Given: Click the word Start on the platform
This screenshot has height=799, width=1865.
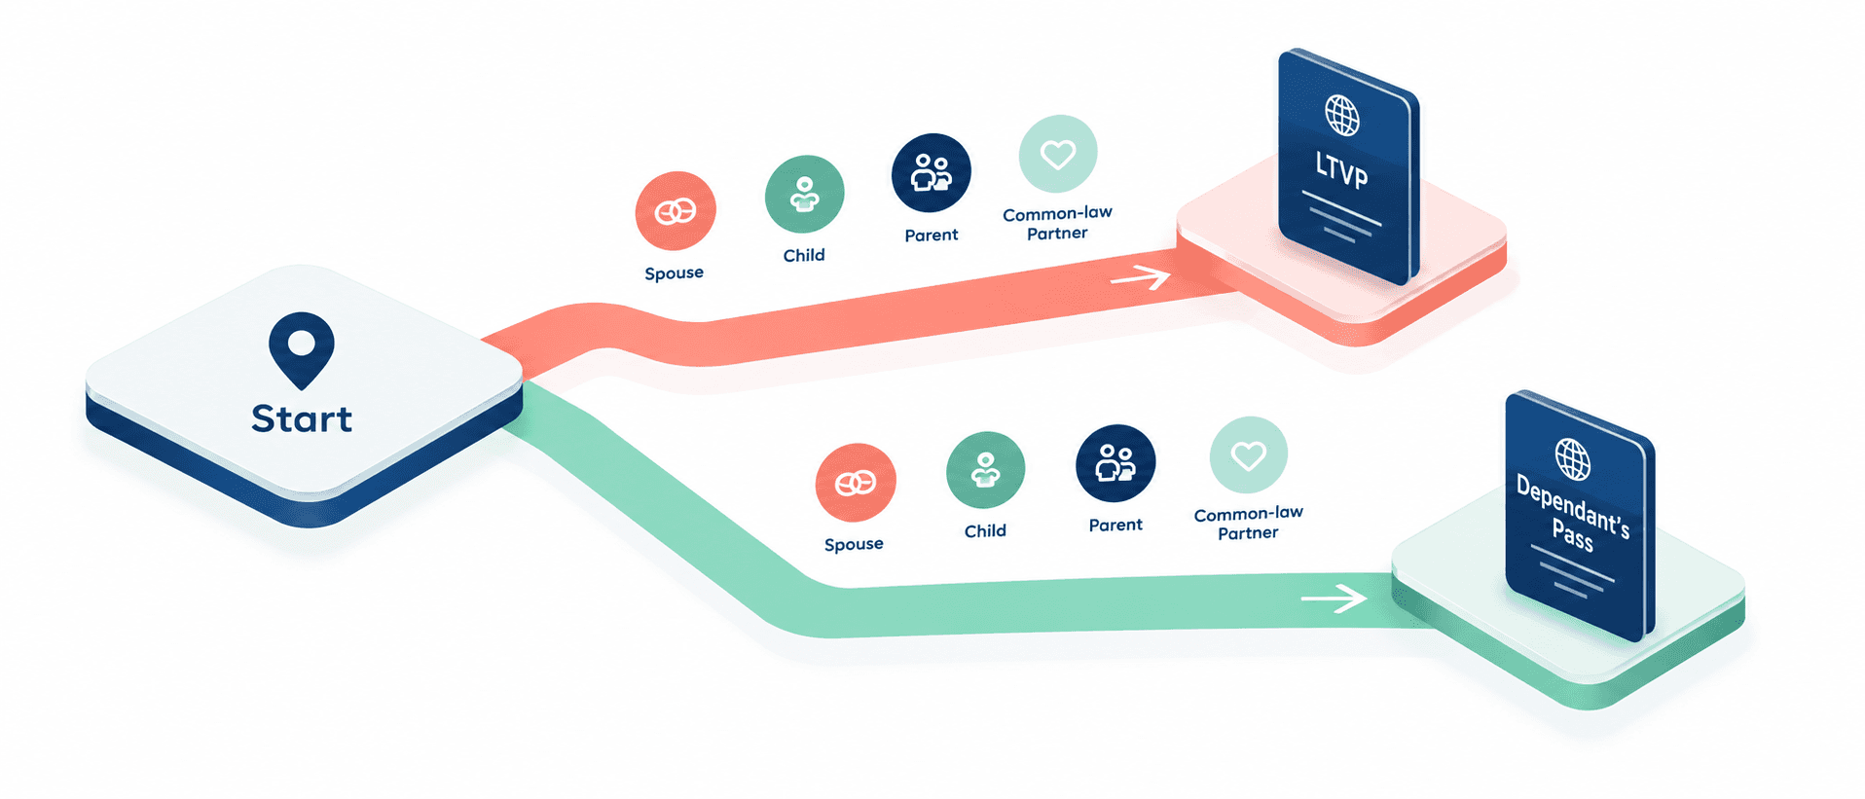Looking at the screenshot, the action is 302,418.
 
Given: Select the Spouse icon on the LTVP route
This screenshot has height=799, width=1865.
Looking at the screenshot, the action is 676,211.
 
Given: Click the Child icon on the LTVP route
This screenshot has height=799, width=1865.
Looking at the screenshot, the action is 804,195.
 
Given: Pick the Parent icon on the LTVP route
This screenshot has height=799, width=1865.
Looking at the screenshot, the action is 932,173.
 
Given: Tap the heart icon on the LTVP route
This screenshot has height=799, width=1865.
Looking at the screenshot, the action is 1058,154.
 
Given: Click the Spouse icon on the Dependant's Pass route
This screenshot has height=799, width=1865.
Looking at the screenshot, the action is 856,483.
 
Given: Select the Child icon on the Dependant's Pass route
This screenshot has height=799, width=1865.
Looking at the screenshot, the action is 985,471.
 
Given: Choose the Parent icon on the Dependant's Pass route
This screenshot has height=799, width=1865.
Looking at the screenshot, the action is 1115,463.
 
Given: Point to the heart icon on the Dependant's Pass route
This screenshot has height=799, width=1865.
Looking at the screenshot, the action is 1249,455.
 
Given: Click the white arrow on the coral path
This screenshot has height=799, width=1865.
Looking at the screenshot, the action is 1140,278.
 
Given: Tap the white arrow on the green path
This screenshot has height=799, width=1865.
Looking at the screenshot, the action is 1334,598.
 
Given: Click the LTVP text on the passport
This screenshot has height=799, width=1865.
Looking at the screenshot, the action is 1342,170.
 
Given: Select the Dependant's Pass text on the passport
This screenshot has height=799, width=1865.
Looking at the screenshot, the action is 1573,513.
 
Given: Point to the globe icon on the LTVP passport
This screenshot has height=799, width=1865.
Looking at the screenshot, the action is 1342,116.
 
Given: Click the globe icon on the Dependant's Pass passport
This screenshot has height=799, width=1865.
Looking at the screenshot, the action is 1573,458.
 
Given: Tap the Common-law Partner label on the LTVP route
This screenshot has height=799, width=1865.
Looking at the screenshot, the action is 1057,223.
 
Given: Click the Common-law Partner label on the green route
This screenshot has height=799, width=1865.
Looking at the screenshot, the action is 1248,523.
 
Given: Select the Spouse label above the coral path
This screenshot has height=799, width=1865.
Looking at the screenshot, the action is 674,273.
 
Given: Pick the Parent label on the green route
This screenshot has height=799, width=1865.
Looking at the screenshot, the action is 1115,525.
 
